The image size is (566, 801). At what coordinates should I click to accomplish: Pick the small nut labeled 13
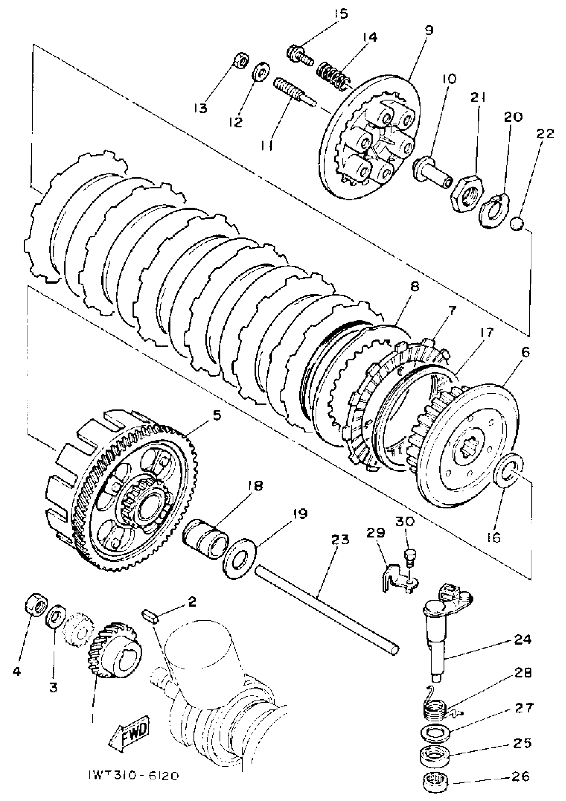(241, 61)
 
